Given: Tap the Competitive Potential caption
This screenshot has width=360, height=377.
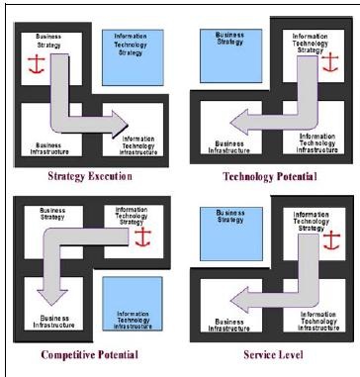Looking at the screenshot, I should [90, 354].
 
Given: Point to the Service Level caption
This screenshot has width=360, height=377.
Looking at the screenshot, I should [270, 354].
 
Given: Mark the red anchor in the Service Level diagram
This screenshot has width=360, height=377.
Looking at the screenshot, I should [329, 240].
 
